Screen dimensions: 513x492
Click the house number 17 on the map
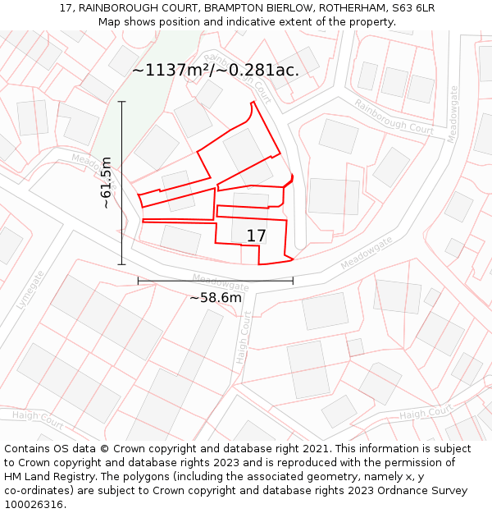coord(256,236)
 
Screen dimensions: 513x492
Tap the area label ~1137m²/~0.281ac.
coord(216,71)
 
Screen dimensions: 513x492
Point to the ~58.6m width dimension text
coord(216,297)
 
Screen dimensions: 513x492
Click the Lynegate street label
coord(30,290)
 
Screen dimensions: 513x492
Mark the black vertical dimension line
coord(122,182)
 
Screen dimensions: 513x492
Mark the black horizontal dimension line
coord(215,281)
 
